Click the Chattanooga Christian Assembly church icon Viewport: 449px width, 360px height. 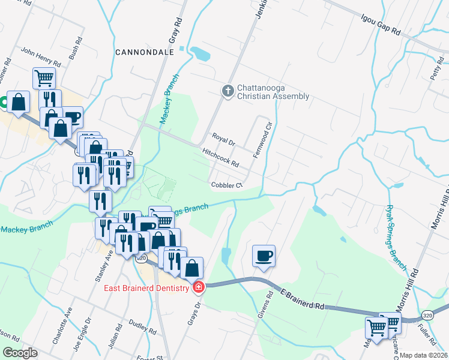pyautogui.click(x=228, y=91)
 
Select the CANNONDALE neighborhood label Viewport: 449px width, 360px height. pyautogui.click(x=145, y=52)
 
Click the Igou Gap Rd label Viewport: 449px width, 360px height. pyautogui.click(x=381, y=26)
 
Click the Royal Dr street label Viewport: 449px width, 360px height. pyautogui.click(x=223, y=140)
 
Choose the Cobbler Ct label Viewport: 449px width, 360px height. pyautogui.click(x=226, y=185)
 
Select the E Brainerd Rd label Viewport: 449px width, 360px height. pyautogui.click(x=301, y=298)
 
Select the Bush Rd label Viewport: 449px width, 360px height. pyautogui.click(x=74, y=51)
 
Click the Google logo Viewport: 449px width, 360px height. pyautogui.click(x=20, y=353)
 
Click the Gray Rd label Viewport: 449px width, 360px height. pyautogui.click(x=175, y=26)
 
